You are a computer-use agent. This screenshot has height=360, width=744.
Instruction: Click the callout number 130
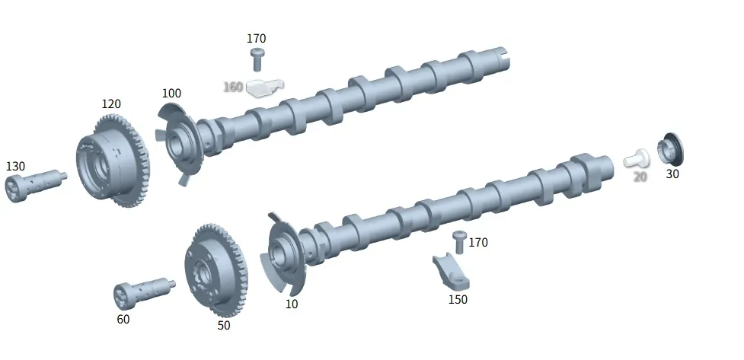[15, 167]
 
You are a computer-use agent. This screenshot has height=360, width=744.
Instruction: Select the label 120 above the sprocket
[111, 104]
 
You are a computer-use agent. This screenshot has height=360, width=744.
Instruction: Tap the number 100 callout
[171, 94]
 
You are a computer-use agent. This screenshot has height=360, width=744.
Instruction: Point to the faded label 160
[233, 87]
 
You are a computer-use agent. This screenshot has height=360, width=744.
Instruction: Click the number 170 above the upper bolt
[256, 38]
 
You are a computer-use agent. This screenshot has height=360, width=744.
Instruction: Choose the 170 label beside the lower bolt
[477, 242]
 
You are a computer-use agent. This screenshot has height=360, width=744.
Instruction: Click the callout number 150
[458, 300]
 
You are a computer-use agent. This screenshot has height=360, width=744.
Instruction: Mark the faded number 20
[640, 177]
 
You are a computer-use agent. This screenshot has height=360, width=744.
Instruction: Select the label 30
[672, 174]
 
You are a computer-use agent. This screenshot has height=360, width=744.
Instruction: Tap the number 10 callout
[292, 304]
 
